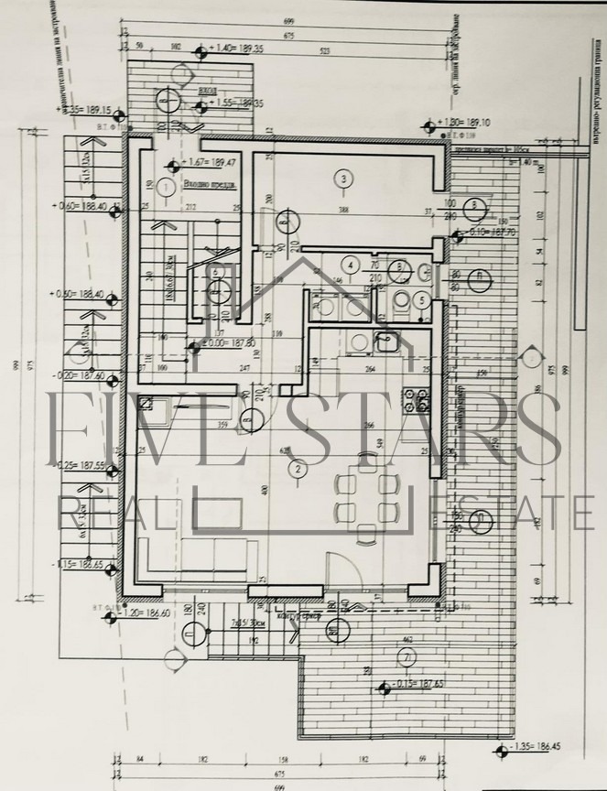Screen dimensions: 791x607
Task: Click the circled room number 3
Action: (342, 179)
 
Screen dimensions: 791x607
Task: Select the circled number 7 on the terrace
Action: (406, 657)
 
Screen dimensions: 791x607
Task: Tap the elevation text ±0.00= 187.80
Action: (228, 344)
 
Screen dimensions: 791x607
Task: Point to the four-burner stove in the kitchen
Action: (423, 399)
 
